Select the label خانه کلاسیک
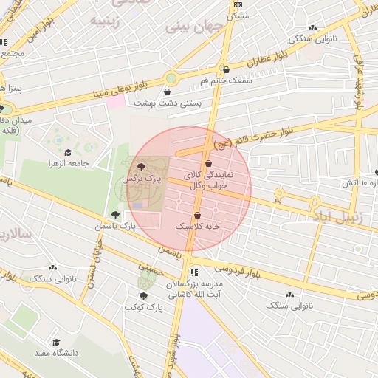coord(197,227)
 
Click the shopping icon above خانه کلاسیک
coord(198,215)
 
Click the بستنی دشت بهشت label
coord(196,105)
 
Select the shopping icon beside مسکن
coord(256,16)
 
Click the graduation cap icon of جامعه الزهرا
coord(68,153)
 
